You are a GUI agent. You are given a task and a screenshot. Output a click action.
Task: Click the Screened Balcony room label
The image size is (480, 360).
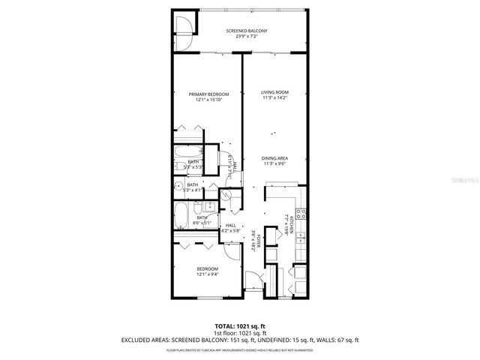pos(247,30)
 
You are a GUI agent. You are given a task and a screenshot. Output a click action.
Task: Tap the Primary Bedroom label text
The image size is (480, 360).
pos(208,94)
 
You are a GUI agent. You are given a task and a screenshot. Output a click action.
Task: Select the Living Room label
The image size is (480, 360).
pos(274,92)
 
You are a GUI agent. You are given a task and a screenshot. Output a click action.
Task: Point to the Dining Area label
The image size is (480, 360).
pos(274,158)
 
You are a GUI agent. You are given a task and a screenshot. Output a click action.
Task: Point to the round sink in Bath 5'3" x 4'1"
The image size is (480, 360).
pos(179,187)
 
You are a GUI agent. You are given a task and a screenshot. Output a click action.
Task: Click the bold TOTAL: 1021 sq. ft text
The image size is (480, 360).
pos(240,326)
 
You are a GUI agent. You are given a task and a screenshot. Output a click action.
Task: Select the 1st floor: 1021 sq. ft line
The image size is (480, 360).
pos(240,333)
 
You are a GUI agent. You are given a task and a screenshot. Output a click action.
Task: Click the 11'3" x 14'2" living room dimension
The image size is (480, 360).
pos(274,97)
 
